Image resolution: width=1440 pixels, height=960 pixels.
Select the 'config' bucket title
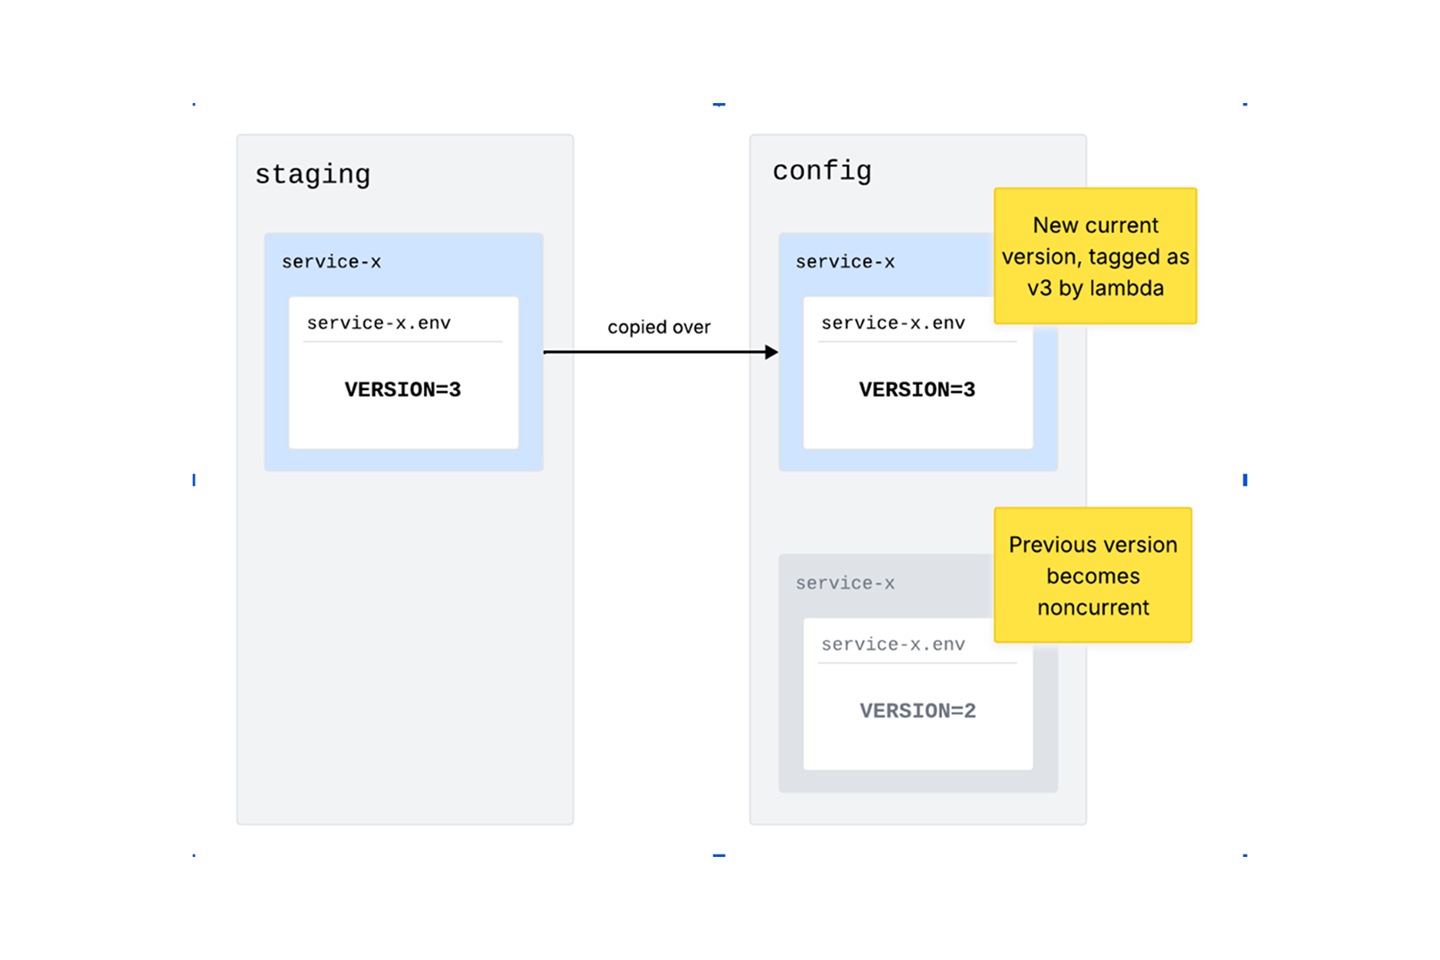[821, 172]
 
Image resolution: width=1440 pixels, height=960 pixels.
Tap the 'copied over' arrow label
[659, 327]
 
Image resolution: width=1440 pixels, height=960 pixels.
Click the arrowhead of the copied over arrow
[772, 352]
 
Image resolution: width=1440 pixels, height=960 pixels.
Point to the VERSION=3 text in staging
[403, 389]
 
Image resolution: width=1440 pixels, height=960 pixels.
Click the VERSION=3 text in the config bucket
[917, 389]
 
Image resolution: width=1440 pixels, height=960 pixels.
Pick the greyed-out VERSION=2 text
[918, 710]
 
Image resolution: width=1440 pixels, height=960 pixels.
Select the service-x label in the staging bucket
[331, 261]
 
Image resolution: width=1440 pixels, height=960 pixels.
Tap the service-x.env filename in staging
[379, 323]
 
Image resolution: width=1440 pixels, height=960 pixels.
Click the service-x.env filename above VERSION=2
[893, 644]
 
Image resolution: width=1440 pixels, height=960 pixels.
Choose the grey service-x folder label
[844, 583]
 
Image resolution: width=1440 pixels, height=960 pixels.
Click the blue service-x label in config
[844, 261]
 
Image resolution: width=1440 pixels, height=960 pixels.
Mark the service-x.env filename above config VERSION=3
[893, 323]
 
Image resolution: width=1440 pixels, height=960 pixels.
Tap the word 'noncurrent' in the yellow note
[1092, 608]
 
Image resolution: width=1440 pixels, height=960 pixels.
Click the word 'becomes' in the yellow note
[1092, 576]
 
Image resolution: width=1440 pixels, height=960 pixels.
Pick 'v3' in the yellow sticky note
[1039, 289]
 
